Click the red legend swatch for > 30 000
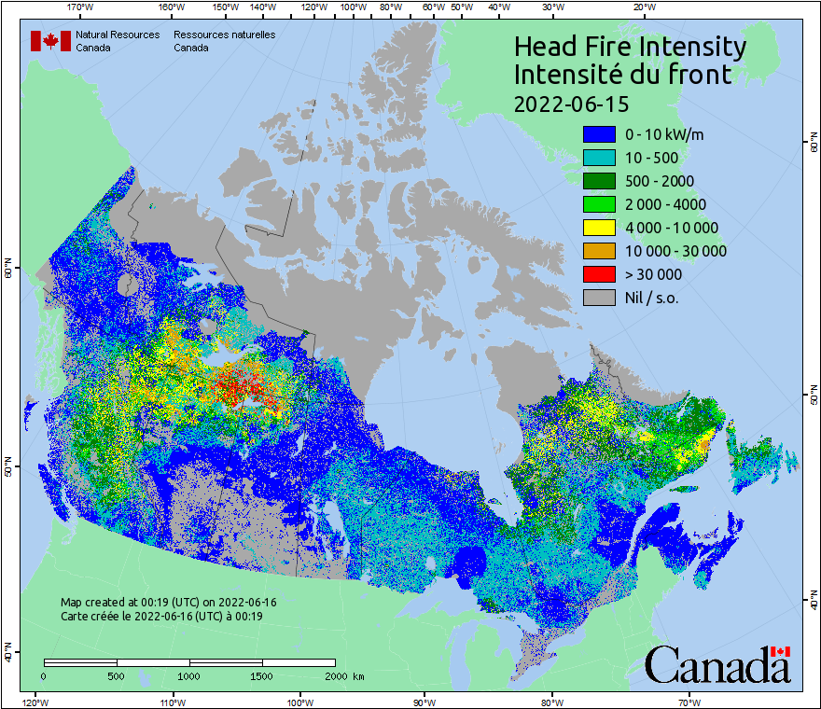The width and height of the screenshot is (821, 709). tap(599, 274)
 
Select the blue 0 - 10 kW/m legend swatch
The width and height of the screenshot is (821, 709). tap(599, 134)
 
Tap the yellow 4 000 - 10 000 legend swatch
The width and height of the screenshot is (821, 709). tap(599, 228)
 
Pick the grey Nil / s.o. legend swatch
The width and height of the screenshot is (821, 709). tap(599, 298)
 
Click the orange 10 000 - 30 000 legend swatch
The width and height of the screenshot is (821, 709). tap(599, 251)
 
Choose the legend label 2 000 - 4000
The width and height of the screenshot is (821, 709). tap(665, 204)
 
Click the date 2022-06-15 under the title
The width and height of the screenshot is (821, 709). tap(571, 103)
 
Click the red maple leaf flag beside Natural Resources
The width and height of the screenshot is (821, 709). tap(50, 41)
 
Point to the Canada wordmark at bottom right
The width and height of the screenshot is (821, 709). tap(717, 664)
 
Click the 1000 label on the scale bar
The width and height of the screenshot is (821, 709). tap(189, 675)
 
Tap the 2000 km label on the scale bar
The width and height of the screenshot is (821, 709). tap(343, 675)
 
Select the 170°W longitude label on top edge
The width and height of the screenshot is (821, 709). tap(81, 7)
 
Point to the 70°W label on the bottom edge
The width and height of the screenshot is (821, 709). tap(689, 702)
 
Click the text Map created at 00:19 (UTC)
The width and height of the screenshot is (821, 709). tap(168, 603)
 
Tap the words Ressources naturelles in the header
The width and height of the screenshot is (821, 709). tap(224, 35)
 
